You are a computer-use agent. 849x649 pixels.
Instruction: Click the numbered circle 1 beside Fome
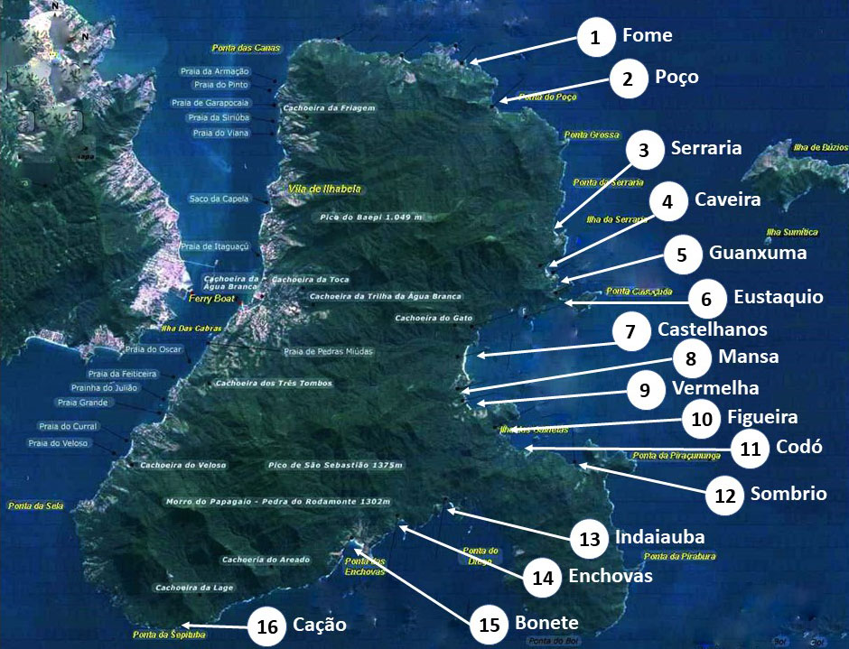[x=595, y=37]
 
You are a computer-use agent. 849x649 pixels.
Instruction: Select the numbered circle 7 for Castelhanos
[x=630, y=331]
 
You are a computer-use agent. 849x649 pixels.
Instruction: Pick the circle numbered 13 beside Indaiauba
[x=590, y=540]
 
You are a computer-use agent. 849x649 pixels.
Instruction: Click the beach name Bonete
[x=546, y=623]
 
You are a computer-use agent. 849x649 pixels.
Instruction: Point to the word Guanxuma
[x=758, y=253]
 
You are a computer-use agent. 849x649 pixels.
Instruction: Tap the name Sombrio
[x=788, y=493]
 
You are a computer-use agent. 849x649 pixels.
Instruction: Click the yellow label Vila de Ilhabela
[x=324, y=189]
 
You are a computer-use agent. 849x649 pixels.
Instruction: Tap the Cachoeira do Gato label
[x=433, y=318]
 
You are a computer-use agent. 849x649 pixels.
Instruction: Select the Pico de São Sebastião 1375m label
[x=335, y=466]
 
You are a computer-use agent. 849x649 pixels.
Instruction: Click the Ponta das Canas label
[x=246, y=48]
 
